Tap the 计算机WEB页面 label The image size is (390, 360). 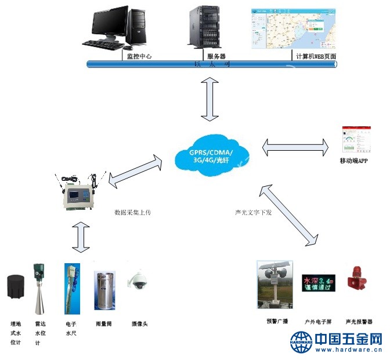point(316,56)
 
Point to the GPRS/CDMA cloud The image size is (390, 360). point(212,153)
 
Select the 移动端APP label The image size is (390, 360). point(354,162)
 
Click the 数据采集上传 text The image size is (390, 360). point(133,213)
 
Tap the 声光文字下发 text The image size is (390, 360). point(250,212)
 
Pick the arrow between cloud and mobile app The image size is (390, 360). point(296,147)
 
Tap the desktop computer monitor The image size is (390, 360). point(109,23)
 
